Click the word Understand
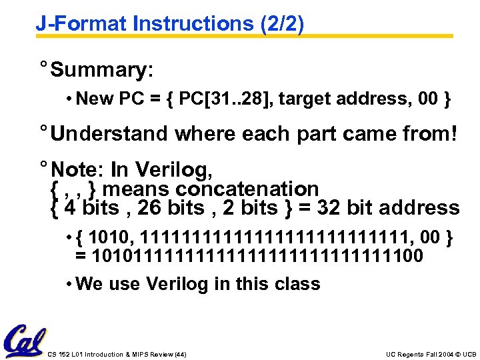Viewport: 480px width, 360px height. tap(110, 133)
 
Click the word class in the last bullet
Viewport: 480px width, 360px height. tap(298, 284)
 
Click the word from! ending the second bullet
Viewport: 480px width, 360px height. tap(427, 133)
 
